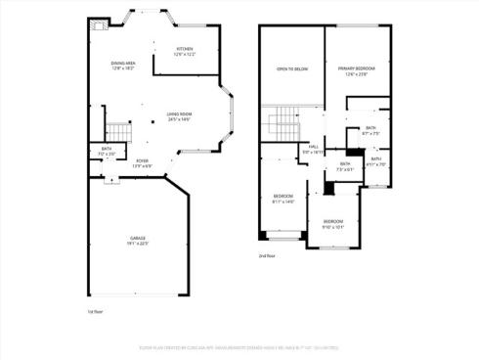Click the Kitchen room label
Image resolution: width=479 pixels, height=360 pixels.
(x=185, y=51)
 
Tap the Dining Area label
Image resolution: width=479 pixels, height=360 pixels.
(x=123, y=66)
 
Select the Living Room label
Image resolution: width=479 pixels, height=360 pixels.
(x=179, y=116)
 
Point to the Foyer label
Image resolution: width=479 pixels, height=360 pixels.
(x=142, y=163)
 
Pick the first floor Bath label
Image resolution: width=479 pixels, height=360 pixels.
(x=107, y=151)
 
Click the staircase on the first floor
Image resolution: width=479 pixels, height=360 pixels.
(x=118, y=131)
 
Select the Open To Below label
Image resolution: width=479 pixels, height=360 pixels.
(x=292, y=69)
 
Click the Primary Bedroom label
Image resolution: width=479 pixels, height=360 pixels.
(x=357, y=69)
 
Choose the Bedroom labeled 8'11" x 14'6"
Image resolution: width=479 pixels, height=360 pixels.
(x=283, y=199)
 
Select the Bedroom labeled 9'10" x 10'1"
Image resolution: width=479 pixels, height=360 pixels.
(x=333, y=223)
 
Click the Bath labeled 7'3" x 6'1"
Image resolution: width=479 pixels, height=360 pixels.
(x=345, y=166)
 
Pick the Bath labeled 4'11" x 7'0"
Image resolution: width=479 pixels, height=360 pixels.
(x=376, y=161)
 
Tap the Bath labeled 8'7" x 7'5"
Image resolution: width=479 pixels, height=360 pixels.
(x=370, y=130)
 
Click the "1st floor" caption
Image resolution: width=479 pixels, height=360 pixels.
(x=95, y=311)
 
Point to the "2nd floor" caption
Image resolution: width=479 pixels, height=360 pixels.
(x=266, y=255)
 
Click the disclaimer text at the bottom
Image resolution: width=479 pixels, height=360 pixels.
(x=239, y=345)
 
